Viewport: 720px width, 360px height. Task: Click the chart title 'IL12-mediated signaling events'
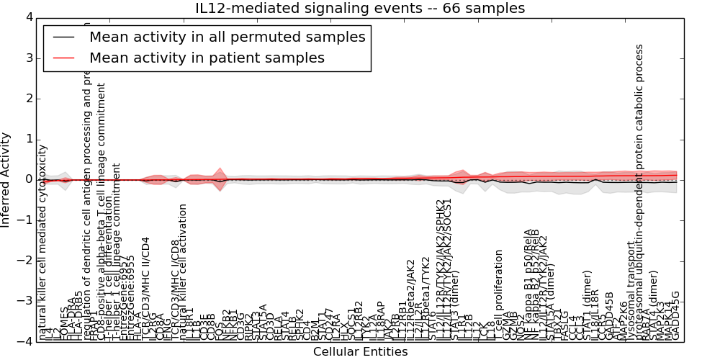coord(360,9)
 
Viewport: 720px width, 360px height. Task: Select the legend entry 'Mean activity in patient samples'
coord(207,58)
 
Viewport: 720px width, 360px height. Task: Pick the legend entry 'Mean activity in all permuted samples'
coord(227,37)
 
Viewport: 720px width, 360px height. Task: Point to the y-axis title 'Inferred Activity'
coord(6,179)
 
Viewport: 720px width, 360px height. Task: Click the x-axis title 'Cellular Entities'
coord(360,352)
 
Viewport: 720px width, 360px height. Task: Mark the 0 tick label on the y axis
coord(27,179)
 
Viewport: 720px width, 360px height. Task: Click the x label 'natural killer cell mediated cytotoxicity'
coord(43,242)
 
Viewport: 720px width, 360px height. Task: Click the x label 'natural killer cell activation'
coord(183,271)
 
